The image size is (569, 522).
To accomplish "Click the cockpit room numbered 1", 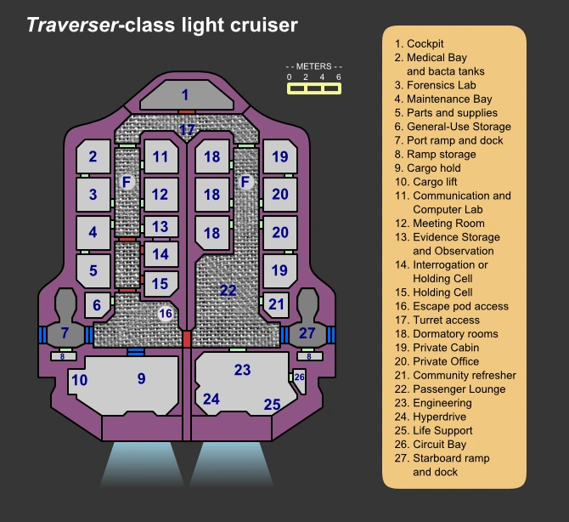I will (x=185, y=94).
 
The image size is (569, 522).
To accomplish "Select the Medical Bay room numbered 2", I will (x=93, y=156).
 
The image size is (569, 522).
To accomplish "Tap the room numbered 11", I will (x=161, y=156).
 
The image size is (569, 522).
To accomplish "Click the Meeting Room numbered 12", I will (x=160, y=195).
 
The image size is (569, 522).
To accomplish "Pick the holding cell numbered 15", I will (x=160, y=284).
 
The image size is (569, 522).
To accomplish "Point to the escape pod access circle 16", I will (x=166, y=314).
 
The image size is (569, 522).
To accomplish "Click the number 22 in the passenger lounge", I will (x=228, y=290).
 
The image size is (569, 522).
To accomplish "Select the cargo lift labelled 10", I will (x=79, y=380).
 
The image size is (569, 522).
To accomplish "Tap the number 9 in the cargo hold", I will (x=142, y=378).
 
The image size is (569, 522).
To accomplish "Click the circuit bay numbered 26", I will (x=299, y=377).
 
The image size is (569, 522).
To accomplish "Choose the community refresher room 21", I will (x=276, y=304).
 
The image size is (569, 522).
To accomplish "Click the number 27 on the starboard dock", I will (x=307, y=332).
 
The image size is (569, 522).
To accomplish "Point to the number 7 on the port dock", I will (x=65, y=332).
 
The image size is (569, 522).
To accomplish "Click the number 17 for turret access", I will (x=187, y=129).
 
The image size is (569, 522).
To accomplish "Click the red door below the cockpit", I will (x=187, y=111).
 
